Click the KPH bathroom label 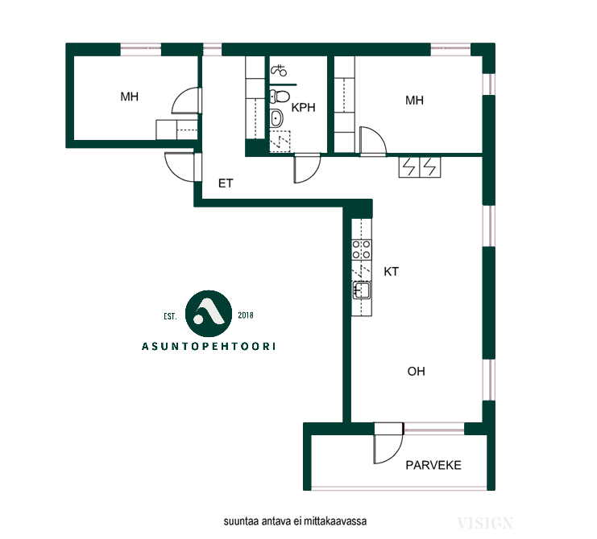click(x=303, y=108)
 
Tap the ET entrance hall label click(x=226, y=183)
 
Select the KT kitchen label click(x=391, y=271)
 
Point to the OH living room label click(x=416, y=372)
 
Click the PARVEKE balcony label click(x=433, y=465)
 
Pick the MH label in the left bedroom click(x=129, y=97)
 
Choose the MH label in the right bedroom click(x=414, y=101)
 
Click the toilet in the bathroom click(x=279, y=97)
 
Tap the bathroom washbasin click(x=276, y=117)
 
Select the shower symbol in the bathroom click(x=278, y=70)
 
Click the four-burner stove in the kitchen click(x=361, y=249)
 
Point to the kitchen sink click(x=362, y=290)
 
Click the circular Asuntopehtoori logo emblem click(x=208, y=314)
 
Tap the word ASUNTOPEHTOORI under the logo click(x=208, y=346)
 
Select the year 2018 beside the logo click(x=246, y=315)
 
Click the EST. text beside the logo click(x=170, y=316)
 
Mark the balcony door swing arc click(x=396, y=453)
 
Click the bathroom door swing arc click(x=313, y=175)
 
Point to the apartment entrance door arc click(x=172, y=172)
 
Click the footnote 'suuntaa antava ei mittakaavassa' click(x=295, y=520)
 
